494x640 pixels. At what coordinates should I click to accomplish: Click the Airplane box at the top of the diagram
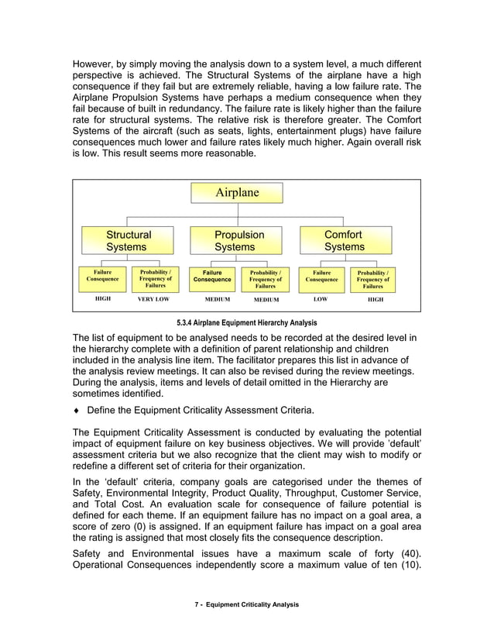tap(237, 193)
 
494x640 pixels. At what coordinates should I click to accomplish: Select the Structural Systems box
tap(128, 240)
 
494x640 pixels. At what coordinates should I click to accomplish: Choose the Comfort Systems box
tap(345, 240)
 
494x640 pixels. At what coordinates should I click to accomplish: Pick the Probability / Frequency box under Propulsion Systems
tap(266, 279)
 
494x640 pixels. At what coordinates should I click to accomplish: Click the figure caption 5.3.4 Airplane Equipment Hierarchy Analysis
tap(246, 322)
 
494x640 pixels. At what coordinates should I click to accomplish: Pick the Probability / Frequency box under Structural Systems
tap(155, 279)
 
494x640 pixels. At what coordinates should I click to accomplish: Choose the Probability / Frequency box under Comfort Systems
tap(374, 279)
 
